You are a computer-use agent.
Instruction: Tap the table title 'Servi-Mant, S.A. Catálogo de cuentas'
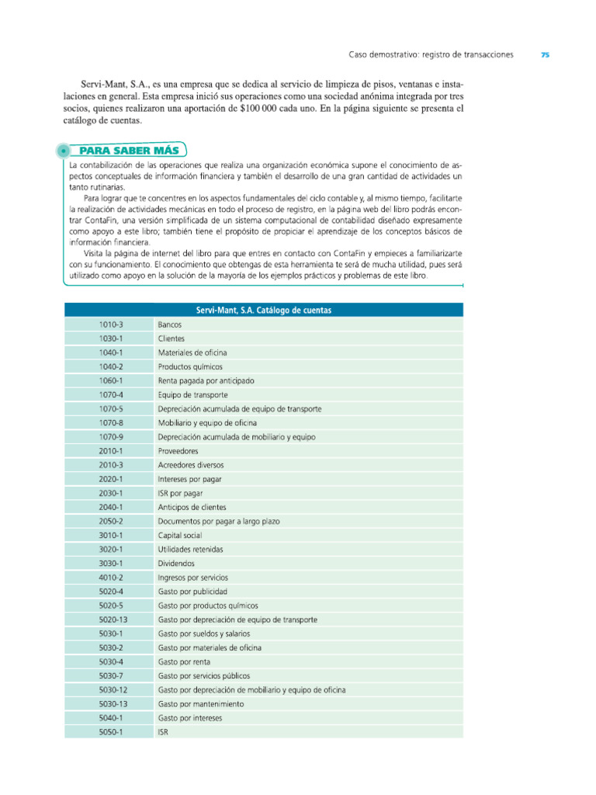[x=263, y=309]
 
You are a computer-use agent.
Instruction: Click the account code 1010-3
[x=111, y=324]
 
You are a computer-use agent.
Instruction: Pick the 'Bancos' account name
[x=170, y=324]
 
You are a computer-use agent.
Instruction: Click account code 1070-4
[x=111, y=394]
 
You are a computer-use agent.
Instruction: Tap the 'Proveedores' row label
[x=178, y=451]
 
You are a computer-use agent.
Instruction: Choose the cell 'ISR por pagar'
[x=181, y=493]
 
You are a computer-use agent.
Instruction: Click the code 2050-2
[x=111, y=522]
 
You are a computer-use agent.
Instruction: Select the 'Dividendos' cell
[x=176, y=564]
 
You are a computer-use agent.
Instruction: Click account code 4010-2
[x=111, y=578]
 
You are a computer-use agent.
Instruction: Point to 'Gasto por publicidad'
[x=192, y=592]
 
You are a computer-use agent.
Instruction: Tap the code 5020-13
[x=113, y=620]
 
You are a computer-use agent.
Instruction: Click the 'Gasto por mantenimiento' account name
[x=201, y=704]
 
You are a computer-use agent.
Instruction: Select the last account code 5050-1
[x=111, y=732]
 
